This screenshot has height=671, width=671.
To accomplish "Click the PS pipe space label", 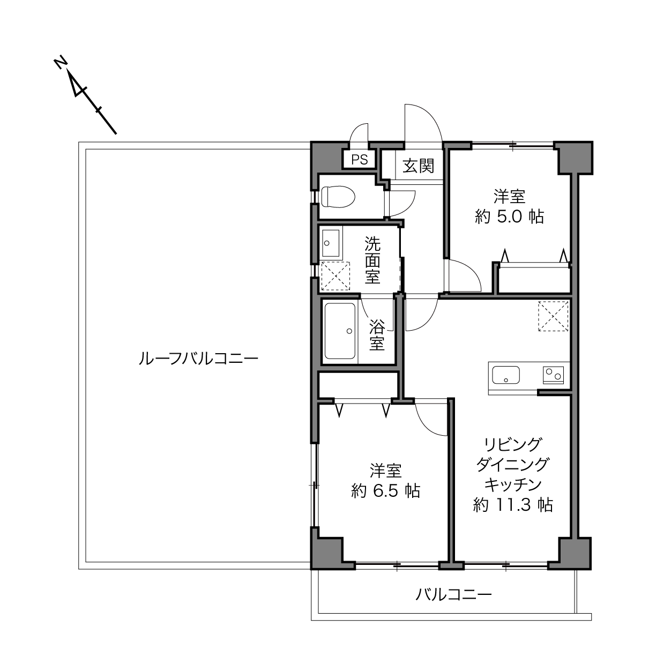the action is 360,160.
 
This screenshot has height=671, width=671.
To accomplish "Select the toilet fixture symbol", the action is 338,197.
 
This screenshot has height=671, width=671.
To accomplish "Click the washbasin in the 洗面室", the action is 331,243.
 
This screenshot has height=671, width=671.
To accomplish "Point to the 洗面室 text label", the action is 372,260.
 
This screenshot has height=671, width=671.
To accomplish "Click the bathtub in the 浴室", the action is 339,331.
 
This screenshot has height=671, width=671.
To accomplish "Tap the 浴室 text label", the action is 377,334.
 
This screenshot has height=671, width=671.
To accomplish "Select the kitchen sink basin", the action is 505,375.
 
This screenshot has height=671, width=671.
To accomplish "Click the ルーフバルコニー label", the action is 198,359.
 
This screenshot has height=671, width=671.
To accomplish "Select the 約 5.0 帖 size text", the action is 510,217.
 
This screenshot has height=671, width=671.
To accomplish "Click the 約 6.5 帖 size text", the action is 386,491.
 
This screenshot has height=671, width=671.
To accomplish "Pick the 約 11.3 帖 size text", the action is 513,504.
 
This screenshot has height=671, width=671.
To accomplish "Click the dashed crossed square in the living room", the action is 553,316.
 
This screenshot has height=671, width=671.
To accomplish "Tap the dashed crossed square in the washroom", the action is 335,276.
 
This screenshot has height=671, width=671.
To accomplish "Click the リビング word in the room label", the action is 513,445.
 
